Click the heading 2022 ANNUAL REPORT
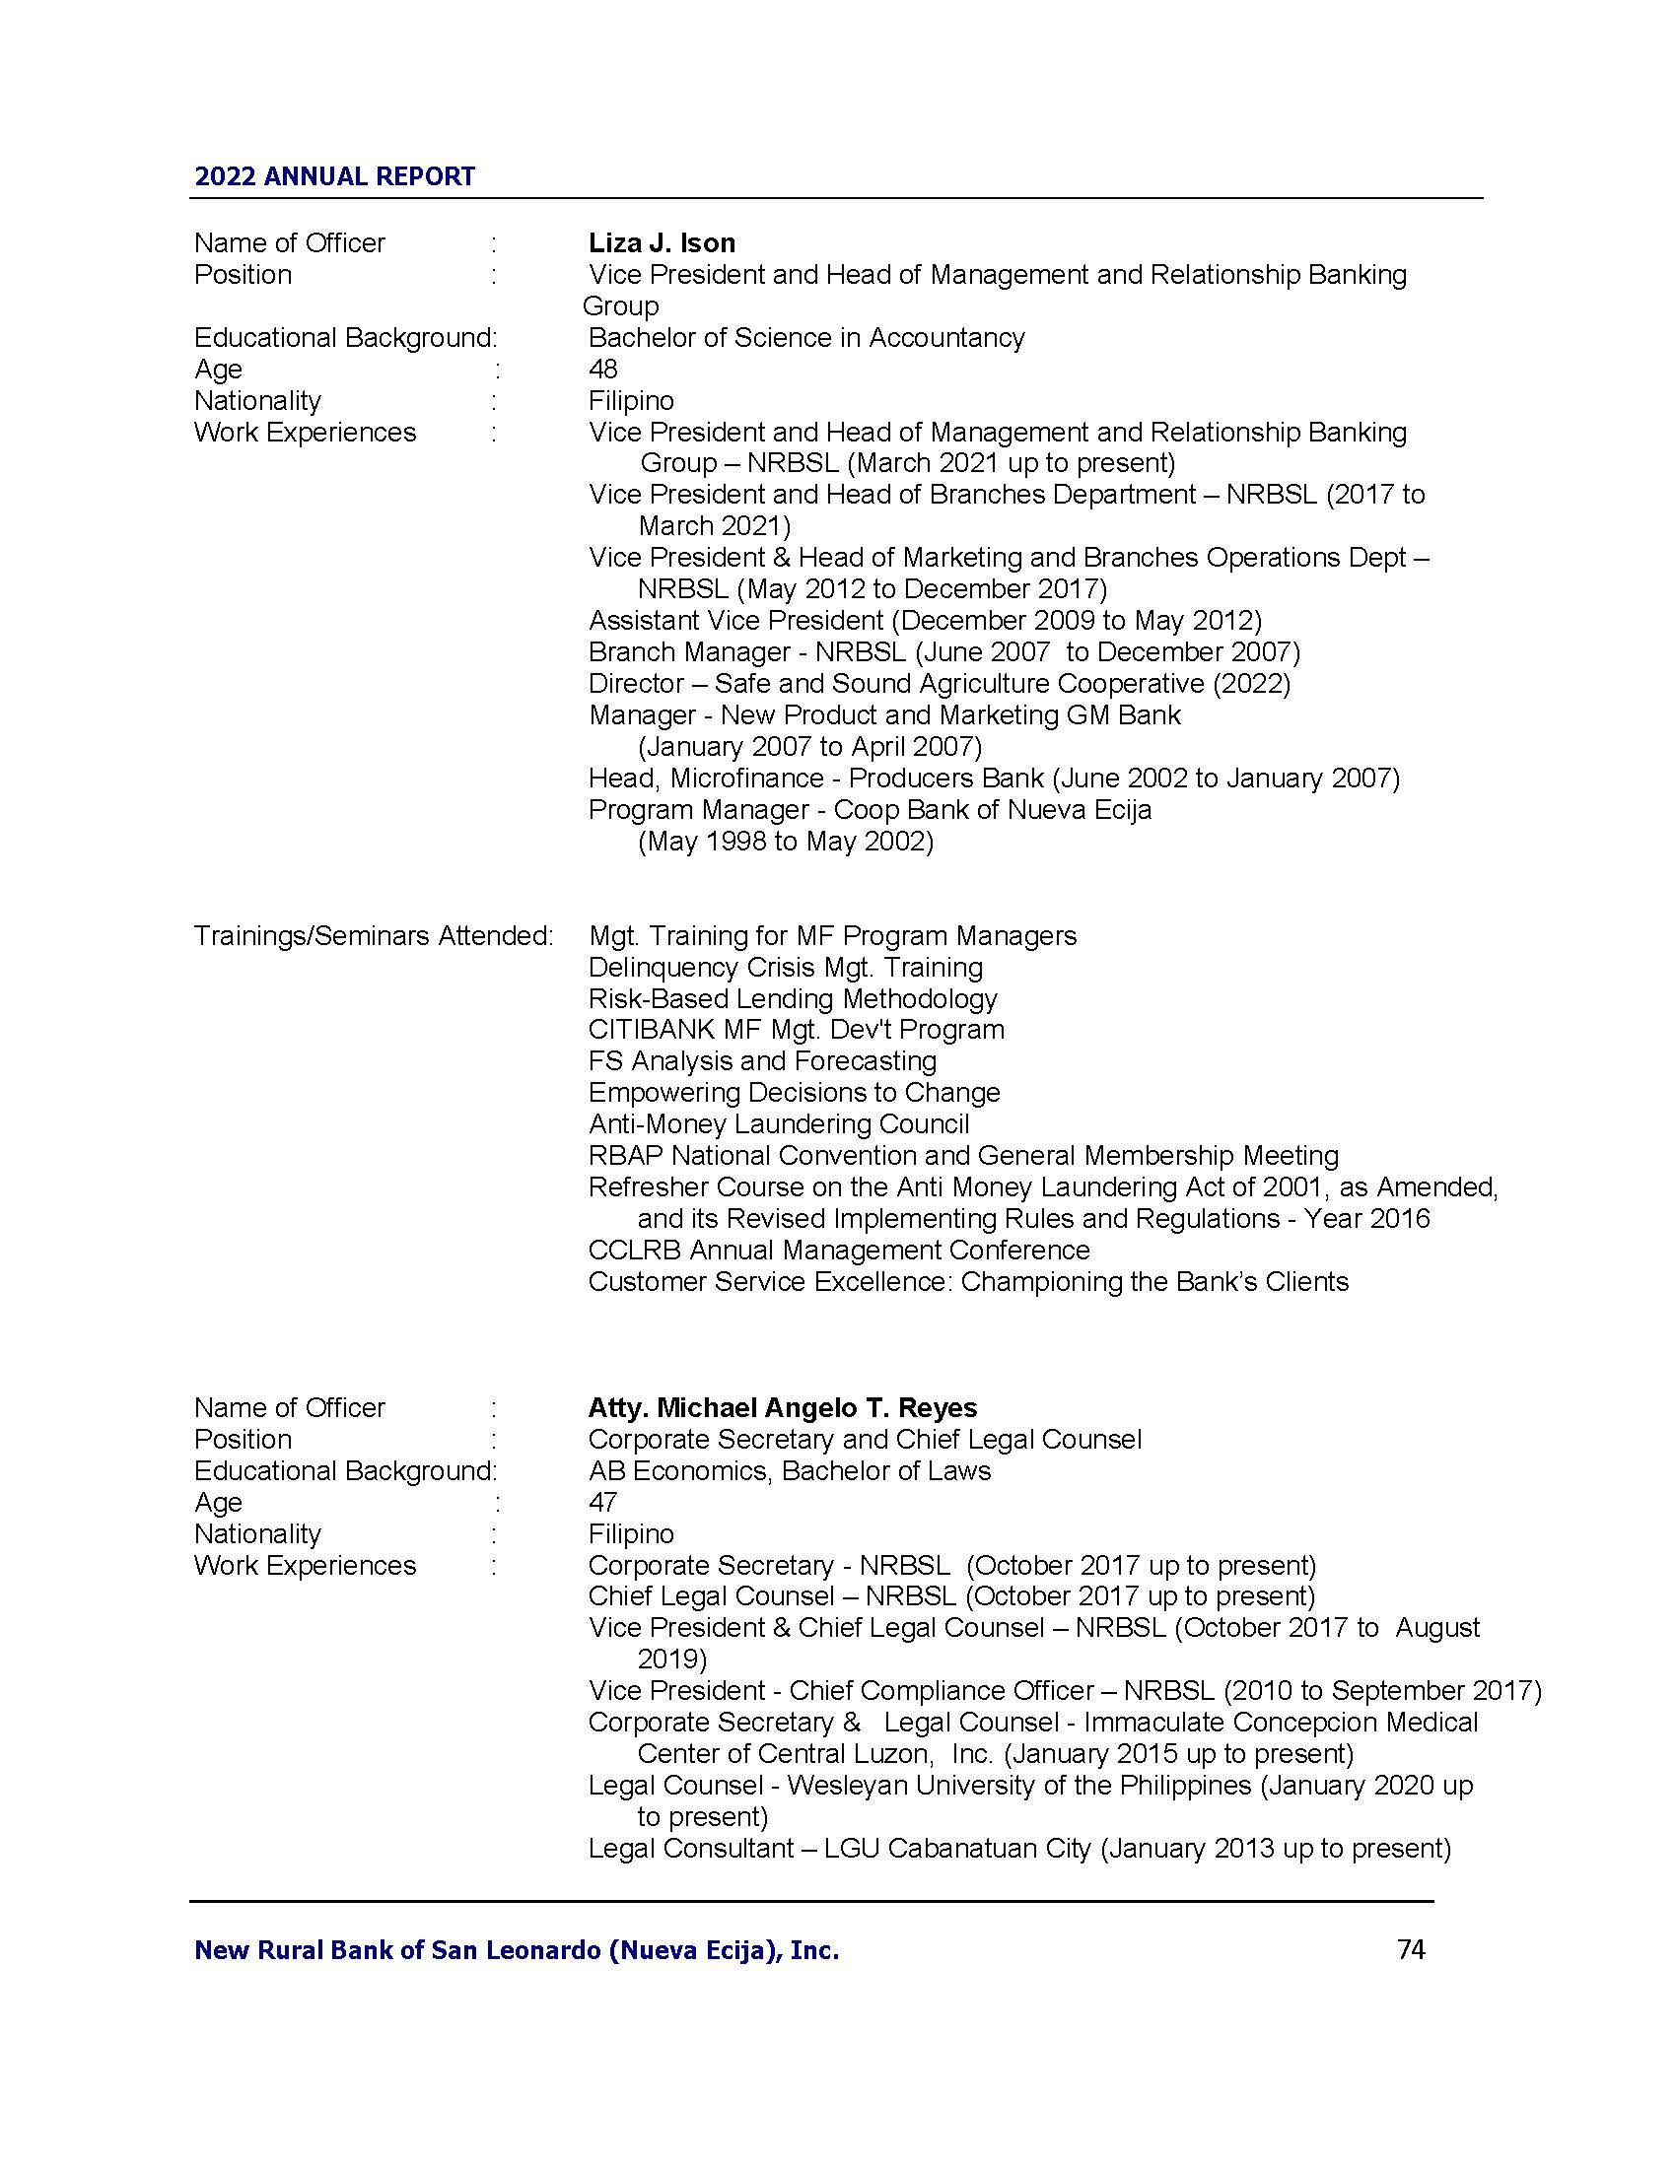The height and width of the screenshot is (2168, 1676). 334,176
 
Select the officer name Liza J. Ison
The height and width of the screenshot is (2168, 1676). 662,243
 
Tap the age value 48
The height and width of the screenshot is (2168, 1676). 602,370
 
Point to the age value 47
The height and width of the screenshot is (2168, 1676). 602,1503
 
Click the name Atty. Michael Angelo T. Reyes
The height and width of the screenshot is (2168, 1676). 783,1407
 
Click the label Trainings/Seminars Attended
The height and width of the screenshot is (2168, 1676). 374,935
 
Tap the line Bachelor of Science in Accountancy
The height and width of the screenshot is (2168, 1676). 806,337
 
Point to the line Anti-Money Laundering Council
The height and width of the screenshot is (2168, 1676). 779,1123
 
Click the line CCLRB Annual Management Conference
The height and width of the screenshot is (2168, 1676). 839,1250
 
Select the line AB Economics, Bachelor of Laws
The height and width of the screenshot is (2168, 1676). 790,1471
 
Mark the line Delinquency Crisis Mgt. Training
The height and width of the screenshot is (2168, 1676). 786,967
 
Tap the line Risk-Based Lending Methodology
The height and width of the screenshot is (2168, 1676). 793,998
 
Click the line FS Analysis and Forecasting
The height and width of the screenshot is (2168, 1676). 762,1061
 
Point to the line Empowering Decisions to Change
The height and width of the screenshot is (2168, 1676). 795,1093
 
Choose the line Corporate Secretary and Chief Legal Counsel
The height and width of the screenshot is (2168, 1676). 865,1440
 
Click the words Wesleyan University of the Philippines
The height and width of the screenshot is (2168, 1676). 1018,1785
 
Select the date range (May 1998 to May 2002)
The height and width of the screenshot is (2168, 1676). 786,842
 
